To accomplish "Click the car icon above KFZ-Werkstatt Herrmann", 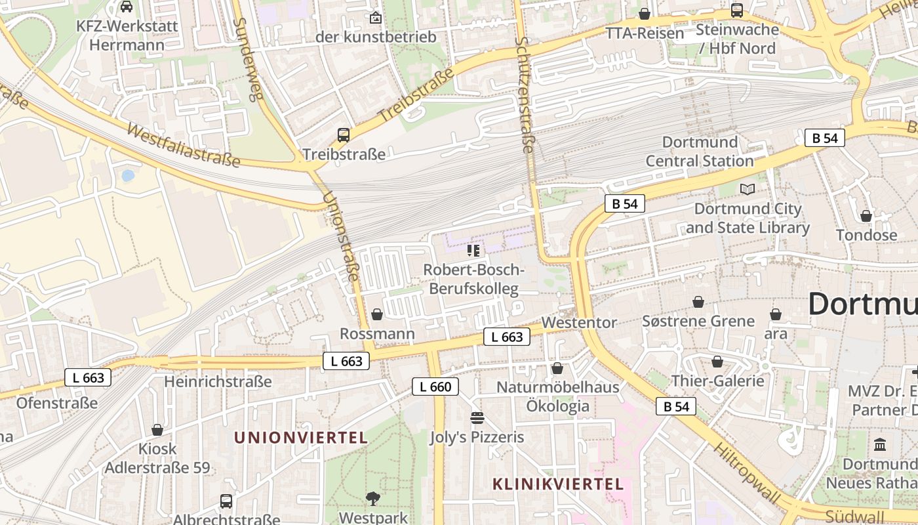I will [127, 7].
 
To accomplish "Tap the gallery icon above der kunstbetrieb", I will [376, 18].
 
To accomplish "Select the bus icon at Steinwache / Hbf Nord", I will [736, 10].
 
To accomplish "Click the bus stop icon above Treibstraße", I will [344, 135].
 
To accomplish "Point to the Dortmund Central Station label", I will [700, 152].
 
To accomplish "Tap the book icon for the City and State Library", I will [747, 189].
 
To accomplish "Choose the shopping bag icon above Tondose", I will [866, 215].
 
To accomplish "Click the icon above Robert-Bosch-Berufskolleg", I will [473, 250].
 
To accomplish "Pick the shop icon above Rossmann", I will [377, 314].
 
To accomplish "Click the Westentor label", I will [579, 323].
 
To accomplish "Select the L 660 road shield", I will [435, 387].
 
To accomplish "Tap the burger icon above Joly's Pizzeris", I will [477, 418].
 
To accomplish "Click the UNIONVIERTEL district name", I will [300, 438].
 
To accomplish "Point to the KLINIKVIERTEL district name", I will [557, 484].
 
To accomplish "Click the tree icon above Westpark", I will [373, 498].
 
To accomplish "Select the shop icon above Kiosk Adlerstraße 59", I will [157, 430].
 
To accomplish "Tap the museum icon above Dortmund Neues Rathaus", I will [880, 444].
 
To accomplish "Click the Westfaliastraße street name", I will [184, 146].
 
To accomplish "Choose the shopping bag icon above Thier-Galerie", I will [717, 362].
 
